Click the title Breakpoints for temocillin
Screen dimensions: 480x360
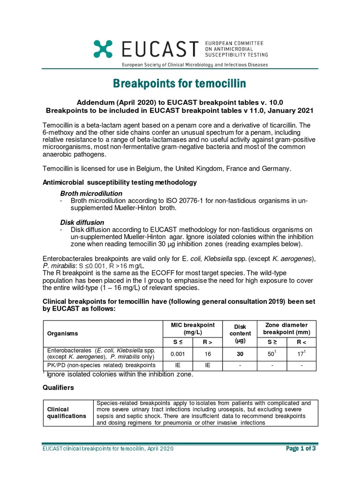180,83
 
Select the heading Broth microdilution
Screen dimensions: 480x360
91,194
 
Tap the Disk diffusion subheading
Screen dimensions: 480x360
82,222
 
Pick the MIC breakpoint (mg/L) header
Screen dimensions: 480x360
193,328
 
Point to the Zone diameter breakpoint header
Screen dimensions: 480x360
287,328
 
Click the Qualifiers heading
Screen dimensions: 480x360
59,388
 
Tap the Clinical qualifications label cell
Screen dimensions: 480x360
66,412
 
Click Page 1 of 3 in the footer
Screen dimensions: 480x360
300,449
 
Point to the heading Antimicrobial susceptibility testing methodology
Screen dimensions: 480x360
120,182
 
